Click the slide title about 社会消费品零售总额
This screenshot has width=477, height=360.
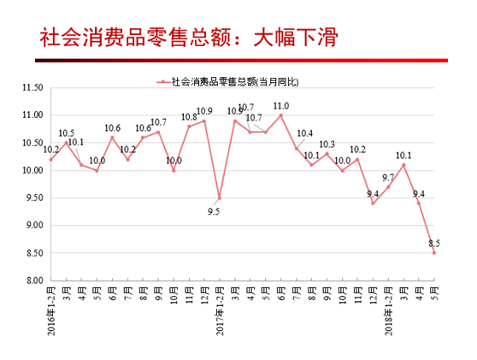click(189, 38)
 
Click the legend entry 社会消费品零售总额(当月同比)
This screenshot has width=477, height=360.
click(227, 82)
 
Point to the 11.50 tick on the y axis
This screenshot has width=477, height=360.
click(32, 87)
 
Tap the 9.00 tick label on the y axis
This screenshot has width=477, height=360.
click(34, 225)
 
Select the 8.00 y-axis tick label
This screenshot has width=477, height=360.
click(34, 280)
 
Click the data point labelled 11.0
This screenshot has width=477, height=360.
click(281, 115)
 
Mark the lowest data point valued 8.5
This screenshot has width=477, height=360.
click(434, 253)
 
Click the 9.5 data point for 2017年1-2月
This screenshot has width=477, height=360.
click(220, 198)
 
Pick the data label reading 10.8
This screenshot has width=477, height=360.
click(189, 117)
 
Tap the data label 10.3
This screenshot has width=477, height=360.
click(327, 145)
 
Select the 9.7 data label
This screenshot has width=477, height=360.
click(388, 177)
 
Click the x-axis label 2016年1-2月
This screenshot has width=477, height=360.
click(51, 311)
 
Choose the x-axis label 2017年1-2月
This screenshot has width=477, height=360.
click(220, 311)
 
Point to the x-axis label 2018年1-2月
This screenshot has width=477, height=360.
click(388, 311)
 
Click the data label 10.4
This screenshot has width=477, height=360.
click(305, 133)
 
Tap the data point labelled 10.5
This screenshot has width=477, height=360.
click(67, 143)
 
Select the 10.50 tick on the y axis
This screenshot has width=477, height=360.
click(32, 143)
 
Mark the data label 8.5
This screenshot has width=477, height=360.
click(434, 243)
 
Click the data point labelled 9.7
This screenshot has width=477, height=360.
click(388, 187)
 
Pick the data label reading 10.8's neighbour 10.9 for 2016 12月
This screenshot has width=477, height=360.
click(204, 111)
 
